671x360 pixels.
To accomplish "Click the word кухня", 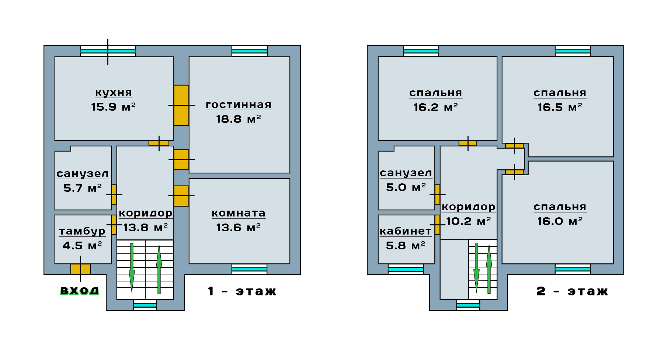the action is [114, 93].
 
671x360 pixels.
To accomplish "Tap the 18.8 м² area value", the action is [239, 119].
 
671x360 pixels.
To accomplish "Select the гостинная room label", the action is [239, 105].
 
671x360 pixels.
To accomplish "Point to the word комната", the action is [239, 213].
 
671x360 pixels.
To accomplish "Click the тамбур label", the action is [82, 231].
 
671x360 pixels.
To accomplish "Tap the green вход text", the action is [80, 291].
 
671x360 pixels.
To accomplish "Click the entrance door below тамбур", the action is [80, 269].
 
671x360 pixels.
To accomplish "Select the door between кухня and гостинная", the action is [181, 105].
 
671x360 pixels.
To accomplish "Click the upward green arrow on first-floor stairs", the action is [159, 269].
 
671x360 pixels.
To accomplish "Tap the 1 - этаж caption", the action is [242, 291].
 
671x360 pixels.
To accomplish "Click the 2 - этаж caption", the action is [572, 291].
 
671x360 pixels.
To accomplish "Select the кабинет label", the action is [406, 231].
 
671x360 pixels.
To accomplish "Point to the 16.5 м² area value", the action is [560, 107].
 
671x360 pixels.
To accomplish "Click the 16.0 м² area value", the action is [560, 221].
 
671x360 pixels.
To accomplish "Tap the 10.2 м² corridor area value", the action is [468, 221].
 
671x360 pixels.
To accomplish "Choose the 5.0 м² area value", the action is [406, 187].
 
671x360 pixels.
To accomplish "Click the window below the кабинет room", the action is [406, 269].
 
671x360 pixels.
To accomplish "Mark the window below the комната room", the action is [249, 269].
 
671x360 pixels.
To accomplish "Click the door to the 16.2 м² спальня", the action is [468, 143].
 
